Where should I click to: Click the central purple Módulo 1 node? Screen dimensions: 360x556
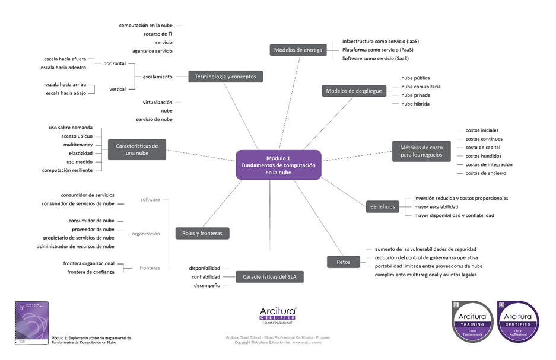pyautogui.click(x=278, y=165)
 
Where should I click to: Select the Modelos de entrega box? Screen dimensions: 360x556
pyautogui.click(x=298, y=50)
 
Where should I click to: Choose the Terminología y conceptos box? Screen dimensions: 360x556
pyautogui.click(x=225, y=77)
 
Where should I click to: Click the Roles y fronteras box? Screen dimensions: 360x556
pyautogui.click(x=202, y=233)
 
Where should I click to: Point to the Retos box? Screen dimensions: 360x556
pyautogui.click(x=343, y=262)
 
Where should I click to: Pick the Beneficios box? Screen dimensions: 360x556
pyautogui.click(x=383, y=206)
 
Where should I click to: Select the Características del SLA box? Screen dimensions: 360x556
pyautogui.click(x=269, y=276)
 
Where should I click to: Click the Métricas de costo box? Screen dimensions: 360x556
pyautogui.click(x=421, y=151)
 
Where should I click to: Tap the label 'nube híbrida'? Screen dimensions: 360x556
pyautogui.click(x=415, y=104)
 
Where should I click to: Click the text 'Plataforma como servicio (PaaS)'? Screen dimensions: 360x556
pyautogui.click(x=378, y=50)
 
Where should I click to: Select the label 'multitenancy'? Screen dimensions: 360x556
pyautogui.click(x=78, y=145)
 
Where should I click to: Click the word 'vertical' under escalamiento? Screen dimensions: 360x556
pyautogui.click(x=117, y=89)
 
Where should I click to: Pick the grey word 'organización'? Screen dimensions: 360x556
pyautogui.click(x=145, y=234)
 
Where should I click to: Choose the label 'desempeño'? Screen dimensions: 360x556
pyautogui.click(x=206, y=285)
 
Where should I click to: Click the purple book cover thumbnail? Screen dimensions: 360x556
pyautogui.click(x=31, y=323)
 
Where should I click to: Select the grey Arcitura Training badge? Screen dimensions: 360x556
pyautogui.click(x=472, y=322)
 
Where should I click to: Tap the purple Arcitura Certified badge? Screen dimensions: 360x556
pyautogui.click(x=517, y=322)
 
